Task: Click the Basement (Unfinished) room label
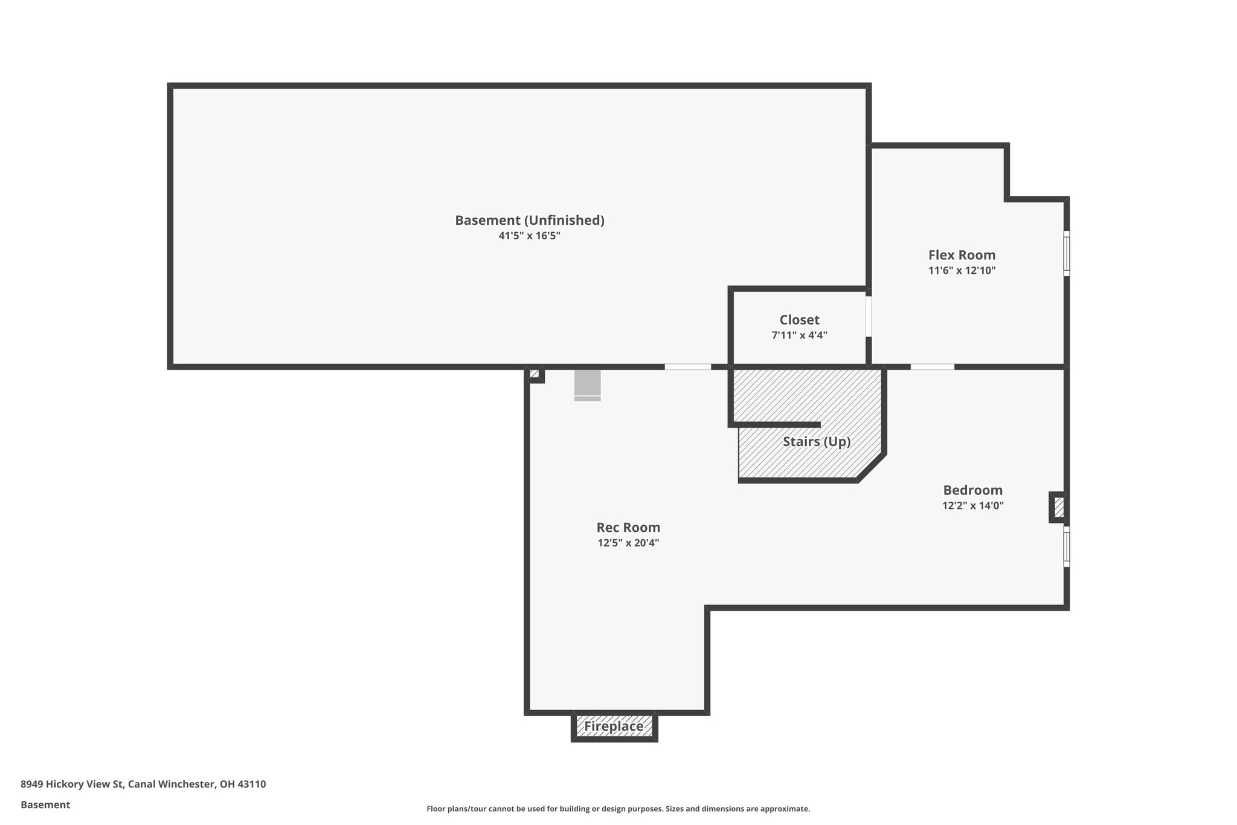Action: coord(529,221)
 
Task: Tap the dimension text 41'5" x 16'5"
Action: coord(529,236)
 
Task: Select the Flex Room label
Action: coord(962,255)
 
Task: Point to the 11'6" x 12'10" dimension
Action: coord(962,271)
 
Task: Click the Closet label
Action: coord(799,320)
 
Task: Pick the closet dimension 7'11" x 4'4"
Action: coord(799,335)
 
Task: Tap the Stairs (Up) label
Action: coord(817,442)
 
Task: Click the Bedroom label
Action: coord(972,490)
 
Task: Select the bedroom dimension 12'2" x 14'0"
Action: coord(972,506)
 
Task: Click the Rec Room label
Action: coord(628,528)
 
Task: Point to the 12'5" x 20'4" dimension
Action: coord(628,543)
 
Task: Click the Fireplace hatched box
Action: coord(614,726)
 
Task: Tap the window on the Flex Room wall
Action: coord(1066,253)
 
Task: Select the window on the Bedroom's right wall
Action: coord(1066,546)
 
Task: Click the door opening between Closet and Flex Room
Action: coord(869,316)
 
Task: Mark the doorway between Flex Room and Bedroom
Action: coord(932,366)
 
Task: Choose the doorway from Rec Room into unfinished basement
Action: coord(687,366)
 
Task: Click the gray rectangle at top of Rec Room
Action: coord(587,384)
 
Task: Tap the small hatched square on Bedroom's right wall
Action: coord(1058,507)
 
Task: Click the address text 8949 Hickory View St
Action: coord(72,785)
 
